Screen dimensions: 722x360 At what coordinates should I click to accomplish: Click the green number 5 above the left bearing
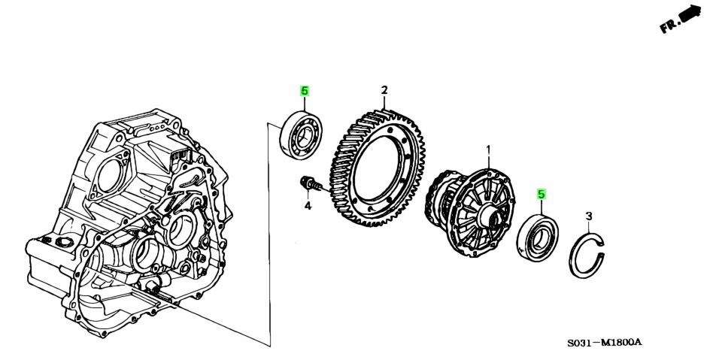click(304, 91)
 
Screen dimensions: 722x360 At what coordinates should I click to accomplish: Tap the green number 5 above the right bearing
click(541, 194)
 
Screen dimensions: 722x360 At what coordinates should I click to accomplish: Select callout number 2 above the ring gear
click(384, 89)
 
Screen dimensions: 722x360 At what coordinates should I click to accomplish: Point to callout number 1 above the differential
click(489, 150)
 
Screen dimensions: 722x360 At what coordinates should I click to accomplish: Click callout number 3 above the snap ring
click(588, 216)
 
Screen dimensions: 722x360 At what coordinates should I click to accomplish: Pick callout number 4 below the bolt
click(308, 206)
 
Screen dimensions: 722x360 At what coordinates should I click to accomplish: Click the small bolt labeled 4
click(311, 184)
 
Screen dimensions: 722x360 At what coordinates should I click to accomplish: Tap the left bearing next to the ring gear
click(301, 134)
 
